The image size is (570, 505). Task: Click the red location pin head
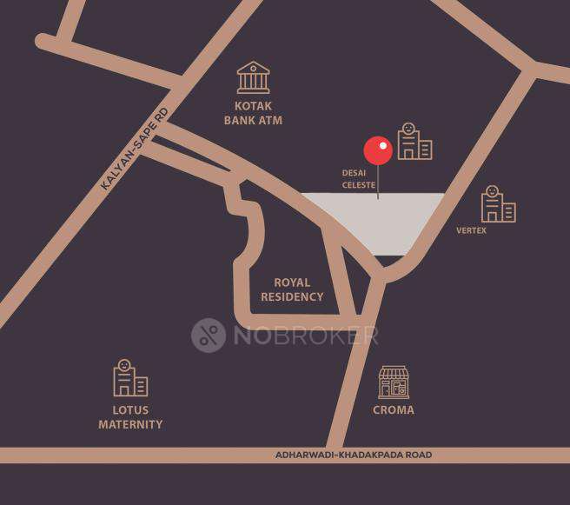pos(378,150)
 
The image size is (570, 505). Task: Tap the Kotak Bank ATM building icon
pos(253,77)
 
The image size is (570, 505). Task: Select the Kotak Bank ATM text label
pos(253,114)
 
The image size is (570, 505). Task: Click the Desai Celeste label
pos(359,179)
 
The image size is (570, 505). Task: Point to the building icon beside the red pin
pos(414,141)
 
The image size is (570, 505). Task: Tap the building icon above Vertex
pos(498,204)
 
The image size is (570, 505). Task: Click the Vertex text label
pos(471,230)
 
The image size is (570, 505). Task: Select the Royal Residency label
pos(292,289)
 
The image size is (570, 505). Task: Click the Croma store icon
pos(394,382)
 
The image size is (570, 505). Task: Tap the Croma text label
pos(394,409)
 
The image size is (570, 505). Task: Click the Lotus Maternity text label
pos(130,417)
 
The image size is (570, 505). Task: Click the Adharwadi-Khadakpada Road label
pos(353,455)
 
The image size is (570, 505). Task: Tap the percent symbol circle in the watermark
pos(209,336)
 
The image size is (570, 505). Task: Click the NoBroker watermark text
pos(305,336)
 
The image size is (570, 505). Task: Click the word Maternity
pos(130,424)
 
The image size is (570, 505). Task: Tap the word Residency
pos(292,296)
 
